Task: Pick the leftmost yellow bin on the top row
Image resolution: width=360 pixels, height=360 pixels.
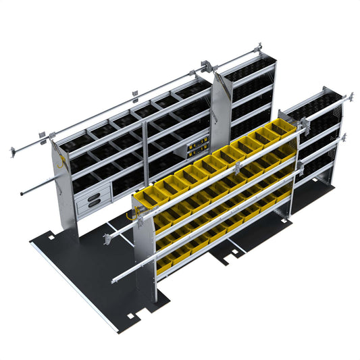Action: pyautogui.click(x=145, y=196)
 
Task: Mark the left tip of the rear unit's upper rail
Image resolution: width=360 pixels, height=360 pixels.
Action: pyautogui.click(x=13, y=152)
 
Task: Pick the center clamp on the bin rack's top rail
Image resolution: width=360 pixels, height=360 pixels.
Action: pyautogui.click(x=215, y=178)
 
